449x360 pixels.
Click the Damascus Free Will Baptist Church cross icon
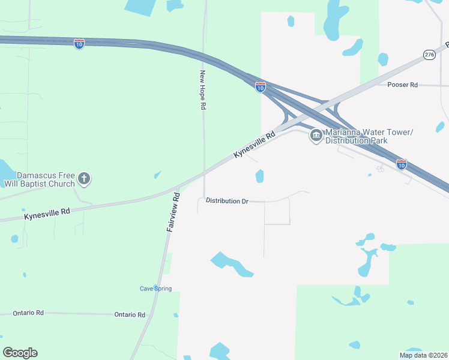[x=84, y=178]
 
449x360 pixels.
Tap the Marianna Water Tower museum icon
[x=316, y=136]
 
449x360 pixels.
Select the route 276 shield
[x=429, y=55]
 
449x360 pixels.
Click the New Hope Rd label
[x=203, y=90]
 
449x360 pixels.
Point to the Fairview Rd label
[x=173, y=212]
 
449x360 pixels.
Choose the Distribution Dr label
[x=227, y=201]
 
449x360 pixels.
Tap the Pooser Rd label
[x=402, y=85]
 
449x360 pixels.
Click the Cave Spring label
[x=155, y=289]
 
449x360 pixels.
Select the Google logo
[x=20, y=353]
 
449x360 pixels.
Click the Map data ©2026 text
[x=423, y=355]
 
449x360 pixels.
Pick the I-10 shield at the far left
[x=79, y=43]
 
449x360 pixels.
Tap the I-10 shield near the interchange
[x=260, y=87]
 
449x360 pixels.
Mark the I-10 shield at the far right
[x=401, y=164]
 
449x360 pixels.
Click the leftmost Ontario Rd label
[x=29, y=313]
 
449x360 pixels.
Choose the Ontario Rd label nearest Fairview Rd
[x=130, y=314]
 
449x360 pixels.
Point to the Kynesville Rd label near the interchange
[x=254, y=145]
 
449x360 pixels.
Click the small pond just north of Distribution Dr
[x=259, y=176]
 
